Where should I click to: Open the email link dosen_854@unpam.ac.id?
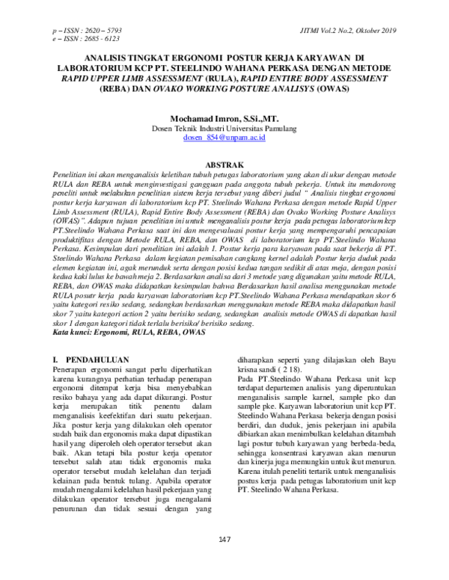click(x=224, y=138)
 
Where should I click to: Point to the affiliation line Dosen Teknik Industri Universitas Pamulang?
click(x=224, y=129)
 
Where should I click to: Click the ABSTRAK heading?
click(x=224, y=163)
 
